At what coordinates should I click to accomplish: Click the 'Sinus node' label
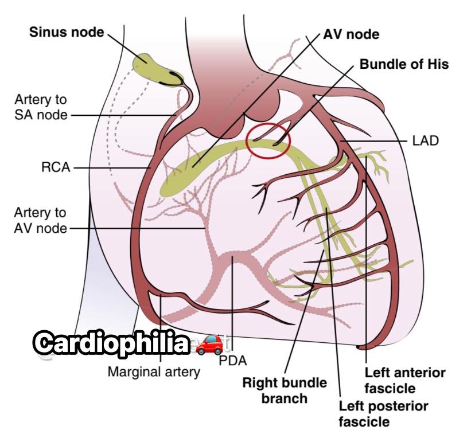click(x=67, y=32)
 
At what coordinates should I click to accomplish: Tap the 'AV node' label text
click(x=351, y=34)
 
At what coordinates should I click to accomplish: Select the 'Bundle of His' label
click(x=404, y=64)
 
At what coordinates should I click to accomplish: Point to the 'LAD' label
click(x=426, y=141)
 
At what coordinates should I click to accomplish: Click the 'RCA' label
click(x=56, y=167)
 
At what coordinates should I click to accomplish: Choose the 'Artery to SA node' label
click(x=41, y=107)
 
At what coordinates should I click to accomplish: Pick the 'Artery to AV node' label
click(x=40, y=220)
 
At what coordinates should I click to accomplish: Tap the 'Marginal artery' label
click(x=154, y=371)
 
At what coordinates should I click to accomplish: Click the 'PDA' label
click(x=233, y=361)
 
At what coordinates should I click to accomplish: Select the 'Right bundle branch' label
click(x=285, y=390)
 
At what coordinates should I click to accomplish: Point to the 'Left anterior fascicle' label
click(x=405, y=381)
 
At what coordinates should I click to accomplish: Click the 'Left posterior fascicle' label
click(x=383, y=414)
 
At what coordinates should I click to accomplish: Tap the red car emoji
click(x=209, y=345)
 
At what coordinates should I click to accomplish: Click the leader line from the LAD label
click(x=374, y=141)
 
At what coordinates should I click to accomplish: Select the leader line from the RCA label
click(x=112, y=167)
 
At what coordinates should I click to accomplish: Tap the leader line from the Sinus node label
click(x=127, y=48)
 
